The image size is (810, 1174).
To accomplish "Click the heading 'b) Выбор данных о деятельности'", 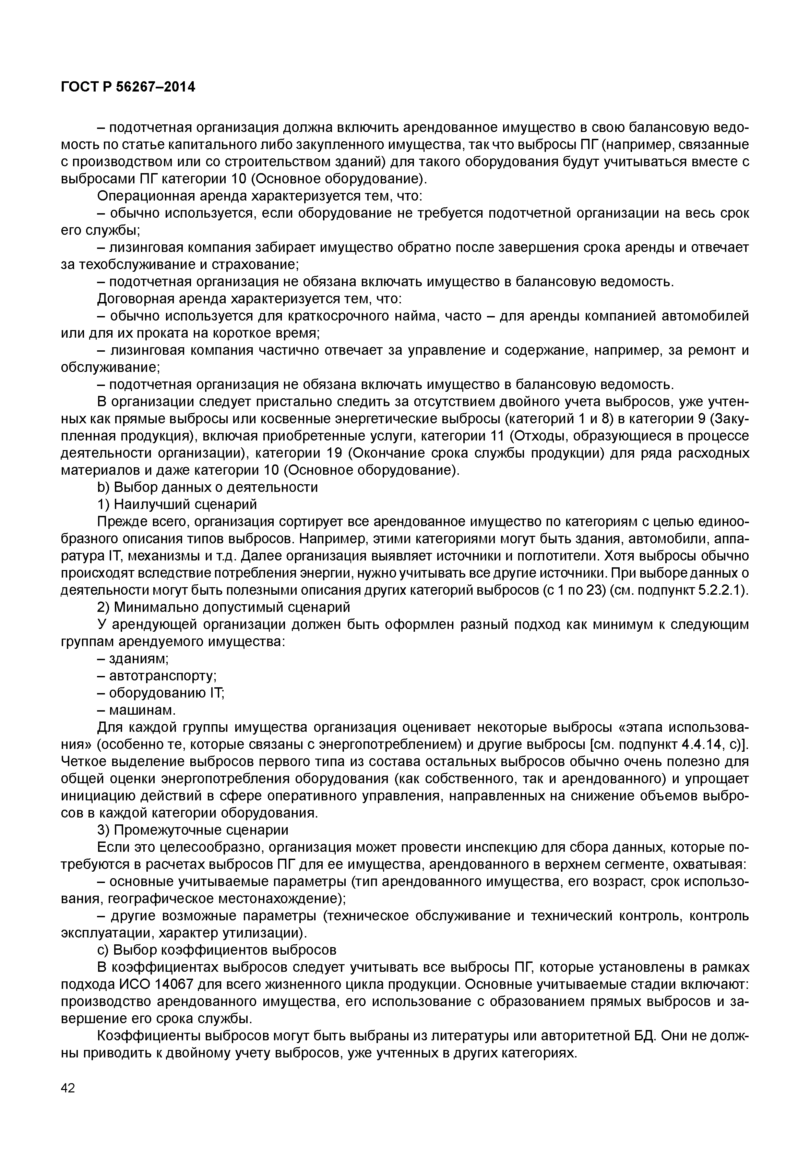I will click(x=207, y=487).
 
